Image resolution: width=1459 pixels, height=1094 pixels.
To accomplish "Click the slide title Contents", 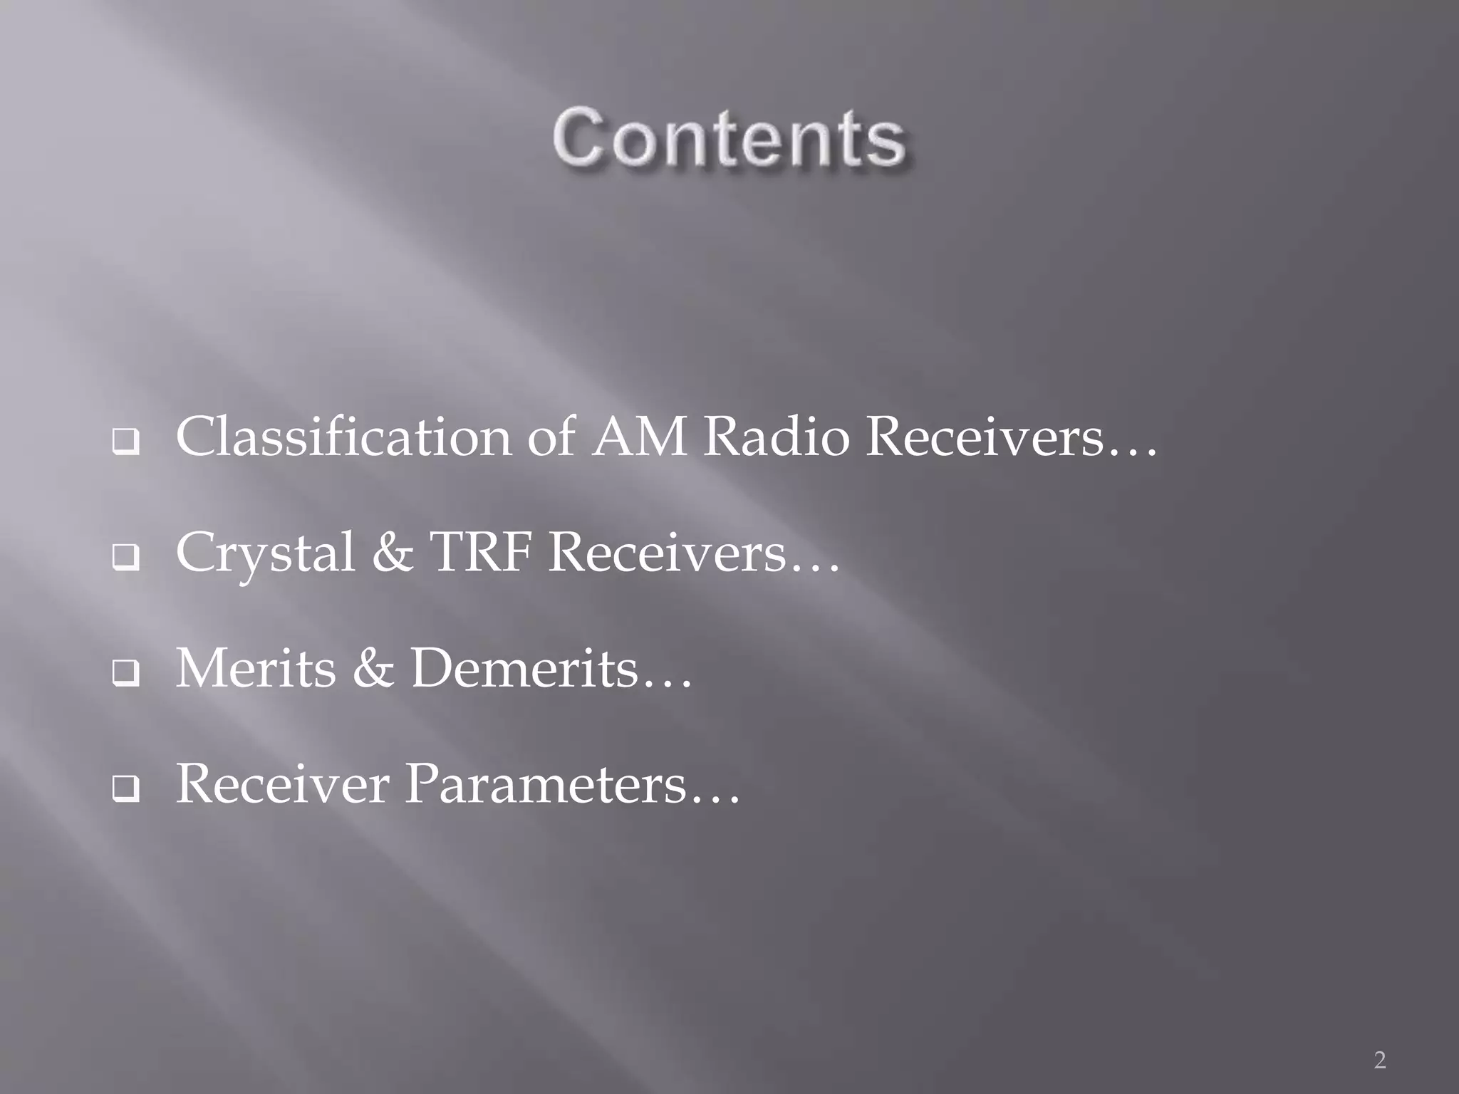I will [729, 137].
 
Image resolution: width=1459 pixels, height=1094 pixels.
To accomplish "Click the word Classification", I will [343, 437].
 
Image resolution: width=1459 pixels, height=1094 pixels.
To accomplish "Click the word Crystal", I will [265, 553].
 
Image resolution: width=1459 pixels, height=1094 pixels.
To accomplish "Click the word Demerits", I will [524, 669].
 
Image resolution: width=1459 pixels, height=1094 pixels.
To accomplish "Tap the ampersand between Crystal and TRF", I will [392, 553].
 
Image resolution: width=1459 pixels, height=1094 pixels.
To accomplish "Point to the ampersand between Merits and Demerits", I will [373, 669].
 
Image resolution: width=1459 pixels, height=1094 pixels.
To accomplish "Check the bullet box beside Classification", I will [125, 446].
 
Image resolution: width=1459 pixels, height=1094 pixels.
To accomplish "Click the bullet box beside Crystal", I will [125, 562].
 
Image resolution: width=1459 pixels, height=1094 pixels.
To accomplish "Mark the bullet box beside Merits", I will [125, 677].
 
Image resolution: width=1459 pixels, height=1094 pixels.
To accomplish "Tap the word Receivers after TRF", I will [666, 553].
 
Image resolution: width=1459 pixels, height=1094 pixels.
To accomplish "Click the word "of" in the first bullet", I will [550, 437].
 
